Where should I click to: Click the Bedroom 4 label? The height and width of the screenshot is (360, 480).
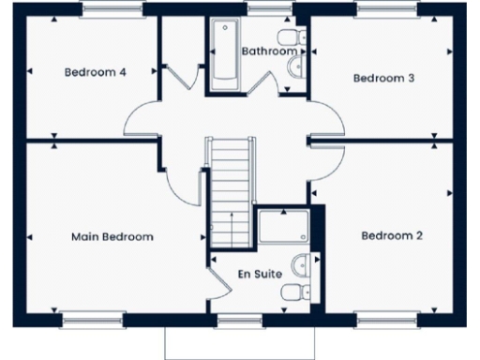(96, 71)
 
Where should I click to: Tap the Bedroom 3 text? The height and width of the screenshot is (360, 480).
(383, 78)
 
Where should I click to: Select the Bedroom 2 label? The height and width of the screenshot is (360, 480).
(392, 234)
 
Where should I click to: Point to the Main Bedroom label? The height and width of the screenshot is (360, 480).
(112, 236)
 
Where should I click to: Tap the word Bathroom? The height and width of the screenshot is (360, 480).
(269, 51)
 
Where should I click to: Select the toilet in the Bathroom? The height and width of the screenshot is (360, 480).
(296, 37)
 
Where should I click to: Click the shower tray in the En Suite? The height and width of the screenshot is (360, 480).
(285, 227)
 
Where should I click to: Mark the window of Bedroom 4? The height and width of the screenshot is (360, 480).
(113, 9)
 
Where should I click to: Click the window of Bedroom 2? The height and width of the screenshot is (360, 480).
(386, 320)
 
